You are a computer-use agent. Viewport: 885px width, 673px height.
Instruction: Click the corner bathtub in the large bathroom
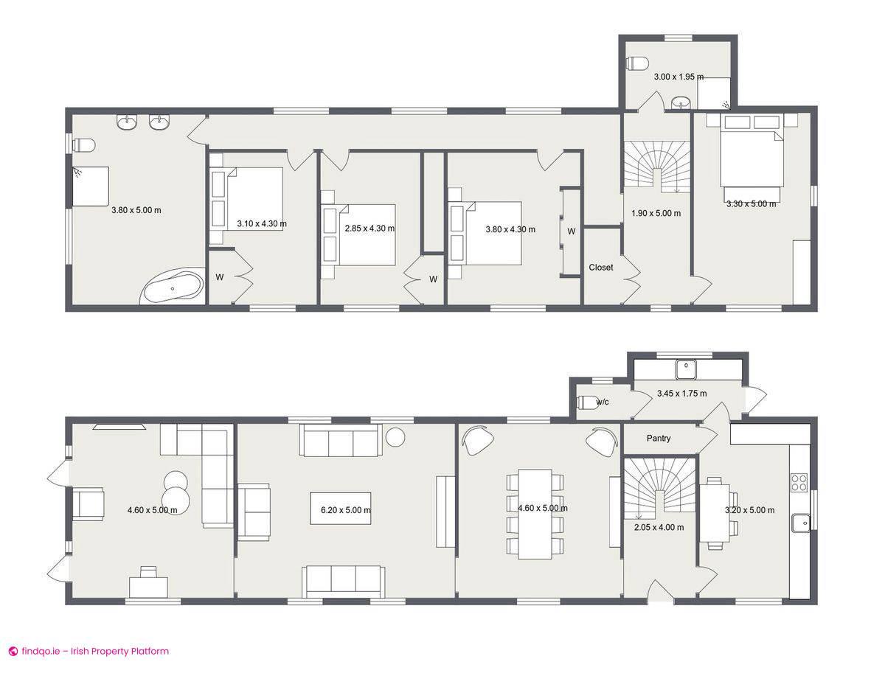tap(173, 287)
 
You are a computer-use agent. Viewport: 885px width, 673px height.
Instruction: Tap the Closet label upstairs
tap(600, 268)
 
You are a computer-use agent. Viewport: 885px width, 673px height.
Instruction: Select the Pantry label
tap(659, 439)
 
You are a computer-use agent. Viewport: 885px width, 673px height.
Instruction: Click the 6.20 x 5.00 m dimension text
tap(346, 510)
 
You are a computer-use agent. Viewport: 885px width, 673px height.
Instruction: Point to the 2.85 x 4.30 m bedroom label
tap(369, 229)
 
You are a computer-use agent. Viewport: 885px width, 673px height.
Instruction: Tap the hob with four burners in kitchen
tap(799, 482)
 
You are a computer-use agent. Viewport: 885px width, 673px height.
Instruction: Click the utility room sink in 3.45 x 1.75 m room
tap(687, 366)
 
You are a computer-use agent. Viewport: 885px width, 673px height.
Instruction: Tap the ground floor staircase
tap(659, 489)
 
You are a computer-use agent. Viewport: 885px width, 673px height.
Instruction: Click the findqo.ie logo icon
tap(13, 651)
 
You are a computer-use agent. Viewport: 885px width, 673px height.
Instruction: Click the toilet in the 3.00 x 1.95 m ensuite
tap(636, 63)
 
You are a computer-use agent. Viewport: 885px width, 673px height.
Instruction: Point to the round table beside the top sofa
tap(396, 436)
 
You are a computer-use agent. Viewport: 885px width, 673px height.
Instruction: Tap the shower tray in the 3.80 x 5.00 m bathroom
tap(91, 186)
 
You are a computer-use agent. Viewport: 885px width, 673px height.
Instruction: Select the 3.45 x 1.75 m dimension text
tap(681, 394)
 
